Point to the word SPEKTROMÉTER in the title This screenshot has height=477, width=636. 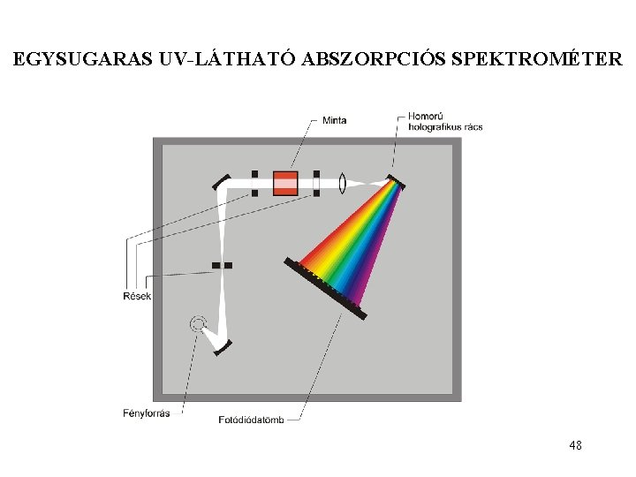tap(536, 61)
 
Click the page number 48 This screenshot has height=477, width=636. tap(575, 445)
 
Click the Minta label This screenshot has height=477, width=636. tap(334, 120)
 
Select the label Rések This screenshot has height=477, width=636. tap(137, 296)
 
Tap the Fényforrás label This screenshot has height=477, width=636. tap(147, 413)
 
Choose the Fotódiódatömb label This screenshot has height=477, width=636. tap(252, 419)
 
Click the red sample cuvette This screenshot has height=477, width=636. tap(285, 184)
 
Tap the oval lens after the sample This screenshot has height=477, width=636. tap(342, 184)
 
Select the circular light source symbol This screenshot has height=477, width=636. tap(198, 323)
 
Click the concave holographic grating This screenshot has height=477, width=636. tap(396, 182)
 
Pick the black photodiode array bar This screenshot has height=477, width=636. tap(324, 288)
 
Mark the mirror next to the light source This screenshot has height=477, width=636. tap(222, 348)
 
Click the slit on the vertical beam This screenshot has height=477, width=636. tap(222, 264)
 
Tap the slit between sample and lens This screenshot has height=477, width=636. tap(316, 184)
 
